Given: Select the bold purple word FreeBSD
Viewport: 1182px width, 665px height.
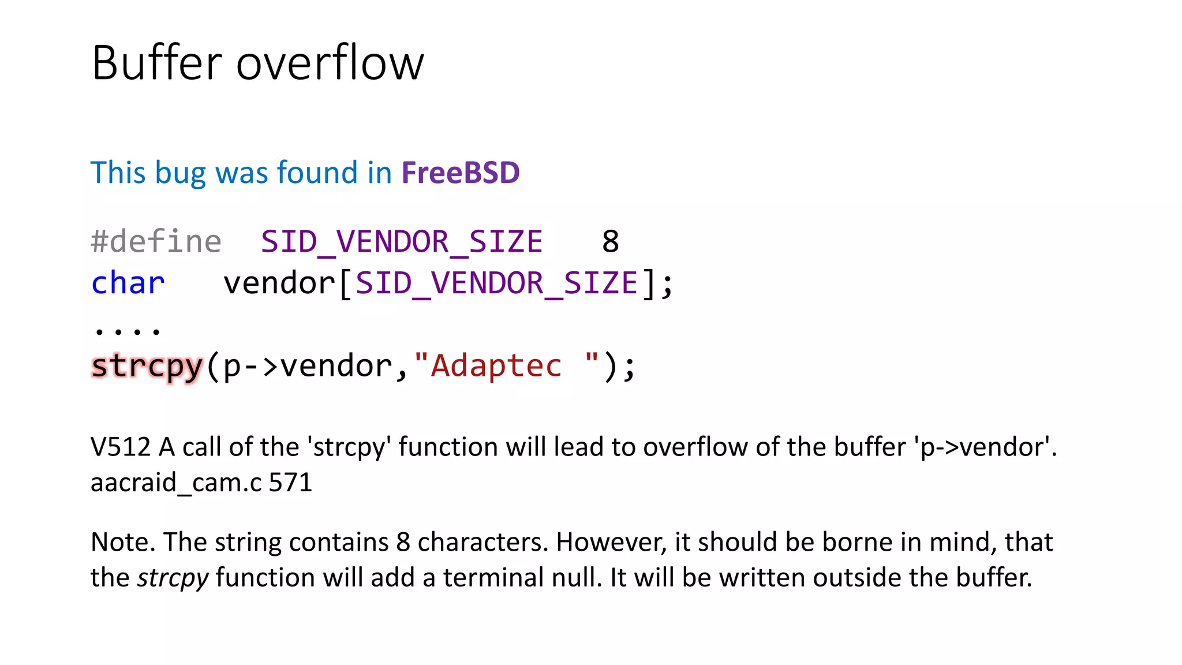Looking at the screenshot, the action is click(461, 173).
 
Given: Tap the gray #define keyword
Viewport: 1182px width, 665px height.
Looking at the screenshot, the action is click(156, 241).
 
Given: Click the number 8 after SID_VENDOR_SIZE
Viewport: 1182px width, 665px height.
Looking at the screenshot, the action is click(610, 241).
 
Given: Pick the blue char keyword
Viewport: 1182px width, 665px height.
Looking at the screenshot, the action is click(128, 283).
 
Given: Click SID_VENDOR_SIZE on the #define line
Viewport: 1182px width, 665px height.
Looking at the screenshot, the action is click(402, 241).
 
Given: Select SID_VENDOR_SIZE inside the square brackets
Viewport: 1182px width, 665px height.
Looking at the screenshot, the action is click(496, 283).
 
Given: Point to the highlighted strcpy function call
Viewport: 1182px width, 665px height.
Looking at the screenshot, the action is click(147, 366).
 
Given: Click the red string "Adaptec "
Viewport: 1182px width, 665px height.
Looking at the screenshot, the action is click(507, 366).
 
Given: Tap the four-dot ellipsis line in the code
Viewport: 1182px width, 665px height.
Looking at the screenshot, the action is click(127, 330).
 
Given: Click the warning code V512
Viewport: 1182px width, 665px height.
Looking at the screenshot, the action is click(121, 447).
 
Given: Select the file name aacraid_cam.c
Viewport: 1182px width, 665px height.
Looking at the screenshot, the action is click(176, 483).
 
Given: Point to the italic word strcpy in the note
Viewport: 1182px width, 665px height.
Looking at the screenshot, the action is click(173, 577).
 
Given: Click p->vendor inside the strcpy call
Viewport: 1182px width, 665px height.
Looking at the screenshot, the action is click(308, 366).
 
